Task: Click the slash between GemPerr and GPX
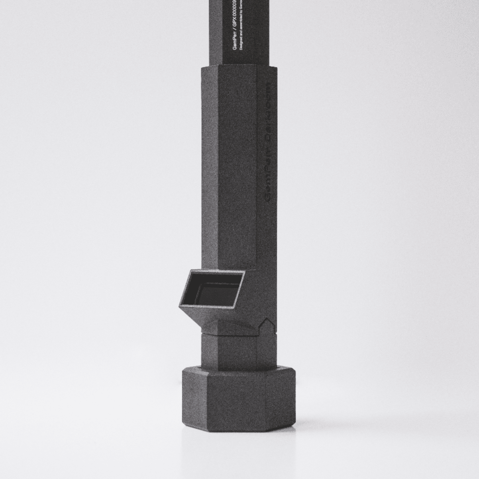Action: (235, 32)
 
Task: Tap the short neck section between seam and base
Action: (236, 350)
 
